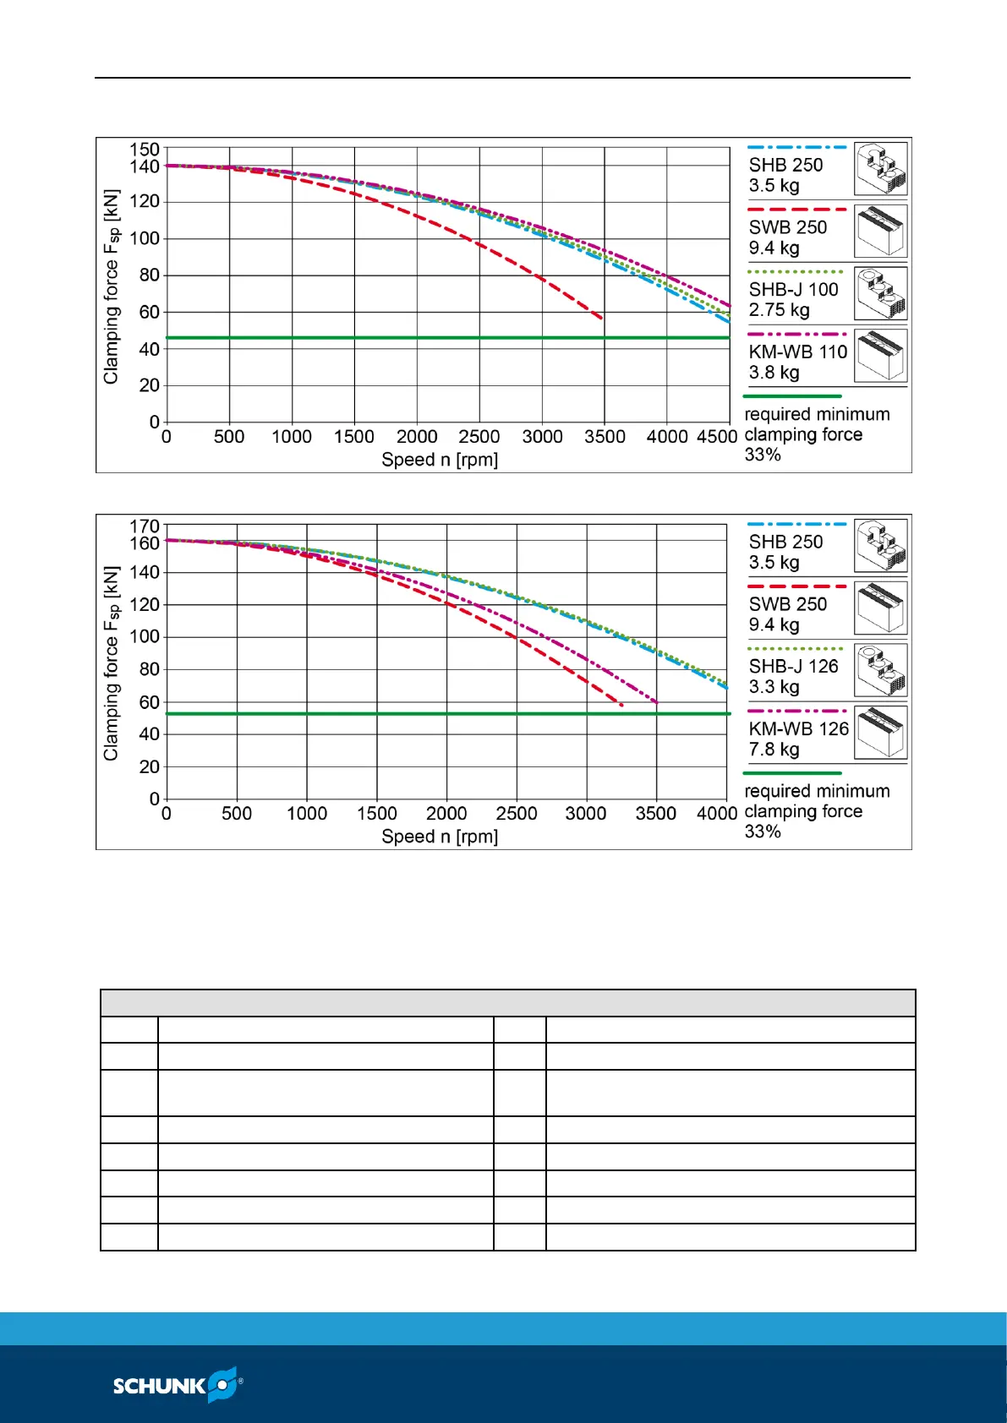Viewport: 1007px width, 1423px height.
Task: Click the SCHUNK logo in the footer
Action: tap(178, 1385)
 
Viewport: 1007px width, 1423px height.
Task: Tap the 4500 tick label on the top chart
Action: tap(717, 437)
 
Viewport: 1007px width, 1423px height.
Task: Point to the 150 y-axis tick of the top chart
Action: tap(144, 150)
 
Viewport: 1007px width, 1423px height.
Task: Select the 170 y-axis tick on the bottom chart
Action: tap(144, 526)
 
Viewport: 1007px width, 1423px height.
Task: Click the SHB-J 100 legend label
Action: tap(793, 290)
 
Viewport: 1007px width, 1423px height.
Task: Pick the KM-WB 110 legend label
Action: tap(797, 352)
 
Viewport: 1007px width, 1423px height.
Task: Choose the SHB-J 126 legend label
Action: tap(793, 667)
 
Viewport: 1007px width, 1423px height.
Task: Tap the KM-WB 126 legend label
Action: tap(798, 729)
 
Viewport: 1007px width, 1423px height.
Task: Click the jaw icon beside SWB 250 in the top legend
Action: tap(880, 231)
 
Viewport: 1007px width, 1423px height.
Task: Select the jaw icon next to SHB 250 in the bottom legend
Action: tap(880, 545)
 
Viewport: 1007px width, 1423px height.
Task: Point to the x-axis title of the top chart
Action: tap(440, 460)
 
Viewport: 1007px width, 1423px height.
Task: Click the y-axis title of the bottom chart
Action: tap(111, 663)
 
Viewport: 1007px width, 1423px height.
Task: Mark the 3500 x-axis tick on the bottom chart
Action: tap(655, 814)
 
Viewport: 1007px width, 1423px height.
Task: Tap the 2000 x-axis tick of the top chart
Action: tap(417, 437)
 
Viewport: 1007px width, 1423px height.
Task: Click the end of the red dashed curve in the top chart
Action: tap(601, 318)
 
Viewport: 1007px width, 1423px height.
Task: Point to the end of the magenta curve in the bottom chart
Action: tap(656, 702)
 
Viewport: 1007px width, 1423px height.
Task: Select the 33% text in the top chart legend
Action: tap(763, 455)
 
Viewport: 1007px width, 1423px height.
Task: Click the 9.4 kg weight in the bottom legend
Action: tap(774, 624)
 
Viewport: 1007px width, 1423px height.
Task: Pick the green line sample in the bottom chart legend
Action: tap(792, 773)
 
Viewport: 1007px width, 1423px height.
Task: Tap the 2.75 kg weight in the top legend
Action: tap(779, 310)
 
